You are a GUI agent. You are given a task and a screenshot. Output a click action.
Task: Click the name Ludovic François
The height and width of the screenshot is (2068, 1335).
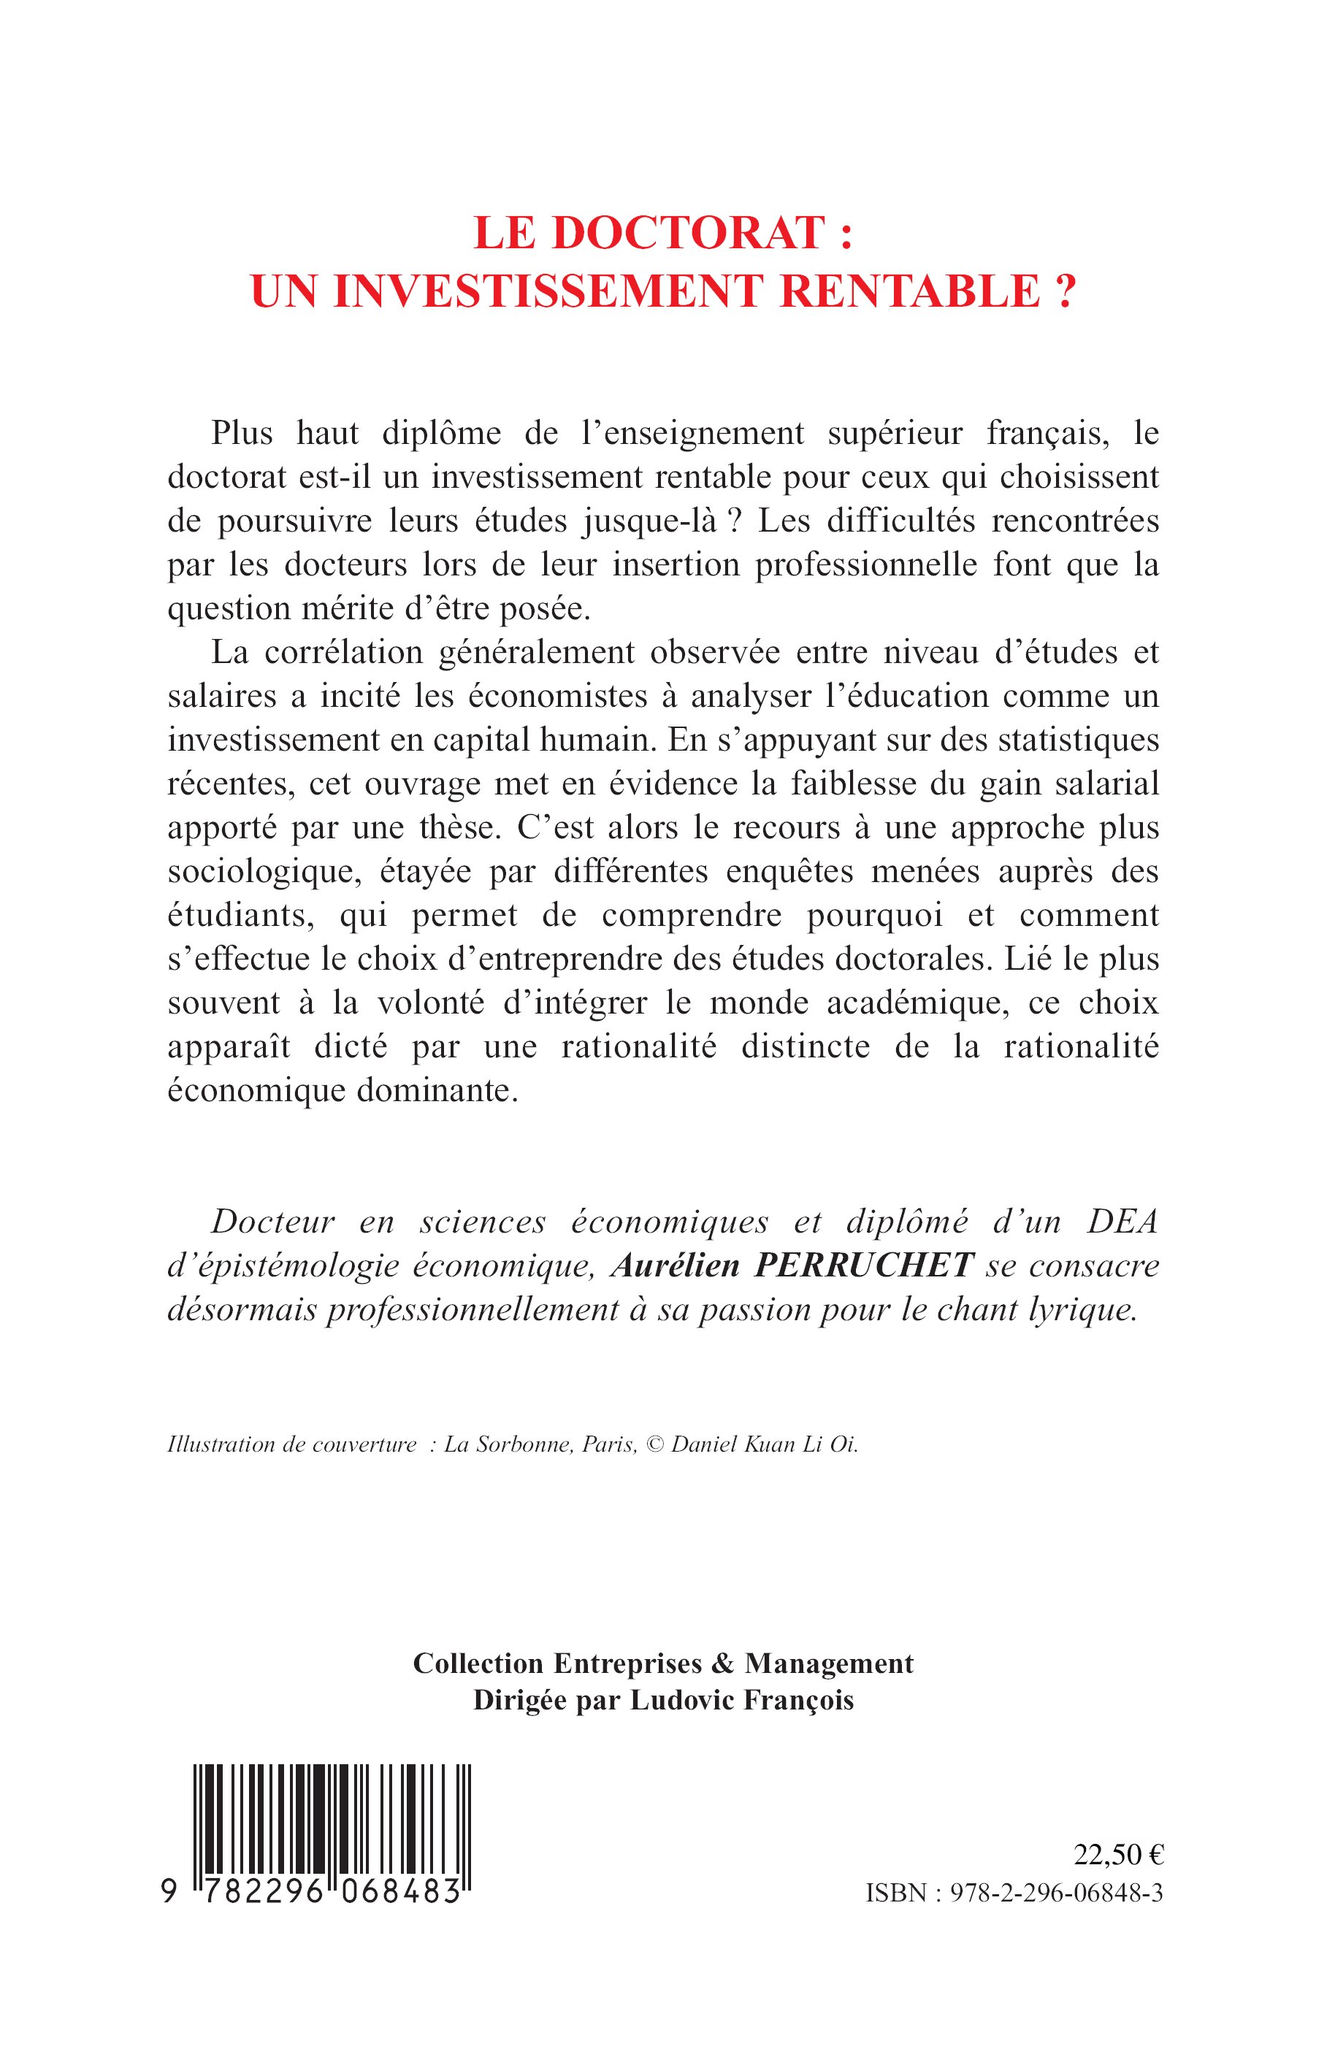click(742, 1700)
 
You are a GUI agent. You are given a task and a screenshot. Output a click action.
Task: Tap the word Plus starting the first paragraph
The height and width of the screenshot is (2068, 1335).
click(242, 433)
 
